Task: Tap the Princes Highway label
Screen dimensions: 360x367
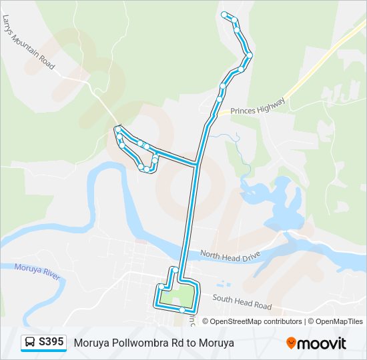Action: tap(258, 107)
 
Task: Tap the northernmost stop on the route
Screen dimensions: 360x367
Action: tap(225, 15)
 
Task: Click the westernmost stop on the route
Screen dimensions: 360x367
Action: tap(117, 129)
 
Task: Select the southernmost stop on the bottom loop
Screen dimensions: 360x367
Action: tap(182, 310)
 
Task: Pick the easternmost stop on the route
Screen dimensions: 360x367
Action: tap(250, 55)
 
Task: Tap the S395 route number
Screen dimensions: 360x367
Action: tap(51, 342)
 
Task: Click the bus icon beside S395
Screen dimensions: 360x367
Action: tap(31, 342)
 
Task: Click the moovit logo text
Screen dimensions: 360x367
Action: tap(322, 343)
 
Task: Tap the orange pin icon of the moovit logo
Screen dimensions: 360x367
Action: tap(291, 343)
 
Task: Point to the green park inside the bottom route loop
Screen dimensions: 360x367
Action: tap(178, 294)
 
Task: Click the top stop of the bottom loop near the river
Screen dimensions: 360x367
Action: tap(174, 269)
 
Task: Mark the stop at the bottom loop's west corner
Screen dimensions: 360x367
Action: tap(161, 287)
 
